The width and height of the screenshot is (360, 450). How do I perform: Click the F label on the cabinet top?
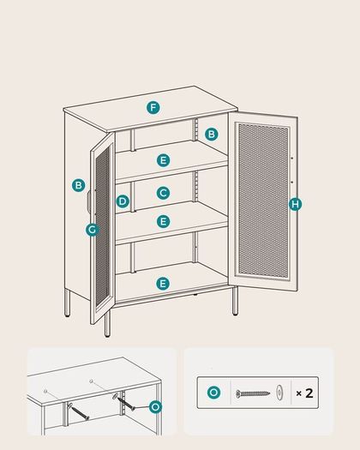click(153, 108)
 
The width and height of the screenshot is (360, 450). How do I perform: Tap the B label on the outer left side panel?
click(78, 185)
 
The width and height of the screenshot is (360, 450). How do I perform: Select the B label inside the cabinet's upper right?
click(212, 134)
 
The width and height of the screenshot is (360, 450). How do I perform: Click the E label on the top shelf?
click(164, 160)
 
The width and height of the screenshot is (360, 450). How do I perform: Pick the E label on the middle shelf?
click(164, 221)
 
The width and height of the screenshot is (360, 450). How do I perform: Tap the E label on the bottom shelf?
click(163, 284)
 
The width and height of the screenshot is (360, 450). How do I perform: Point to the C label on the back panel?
click(164, 193)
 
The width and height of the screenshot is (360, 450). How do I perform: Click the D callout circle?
click(123, 201)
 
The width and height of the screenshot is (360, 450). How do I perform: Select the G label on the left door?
click(93, 230)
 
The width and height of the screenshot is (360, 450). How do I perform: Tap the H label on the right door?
click(295, 204)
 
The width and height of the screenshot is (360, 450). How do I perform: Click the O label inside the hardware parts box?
click(214, 393)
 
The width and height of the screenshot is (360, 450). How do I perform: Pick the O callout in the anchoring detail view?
click(156, 407)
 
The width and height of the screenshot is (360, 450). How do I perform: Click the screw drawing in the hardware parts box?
click(253, 393)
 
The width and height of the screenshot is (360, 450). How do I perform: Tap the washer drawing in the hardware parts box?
click(279, 393)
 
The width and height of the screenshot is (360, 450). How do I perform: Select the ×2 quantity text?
click(304, 393)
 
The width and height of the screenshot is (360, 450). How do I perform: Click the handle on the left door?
click(89, 201)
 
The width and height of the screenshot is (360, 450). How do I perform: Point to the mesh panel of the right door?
click(263, 200)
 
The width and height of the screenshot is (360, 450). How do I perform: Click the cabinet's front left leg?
click(107, 324)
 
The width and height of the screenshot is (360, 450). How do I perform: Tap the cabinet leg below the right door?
click(235, 301)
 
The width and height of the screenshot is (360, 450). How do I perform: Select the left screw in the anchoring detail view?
click(78, 411)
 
